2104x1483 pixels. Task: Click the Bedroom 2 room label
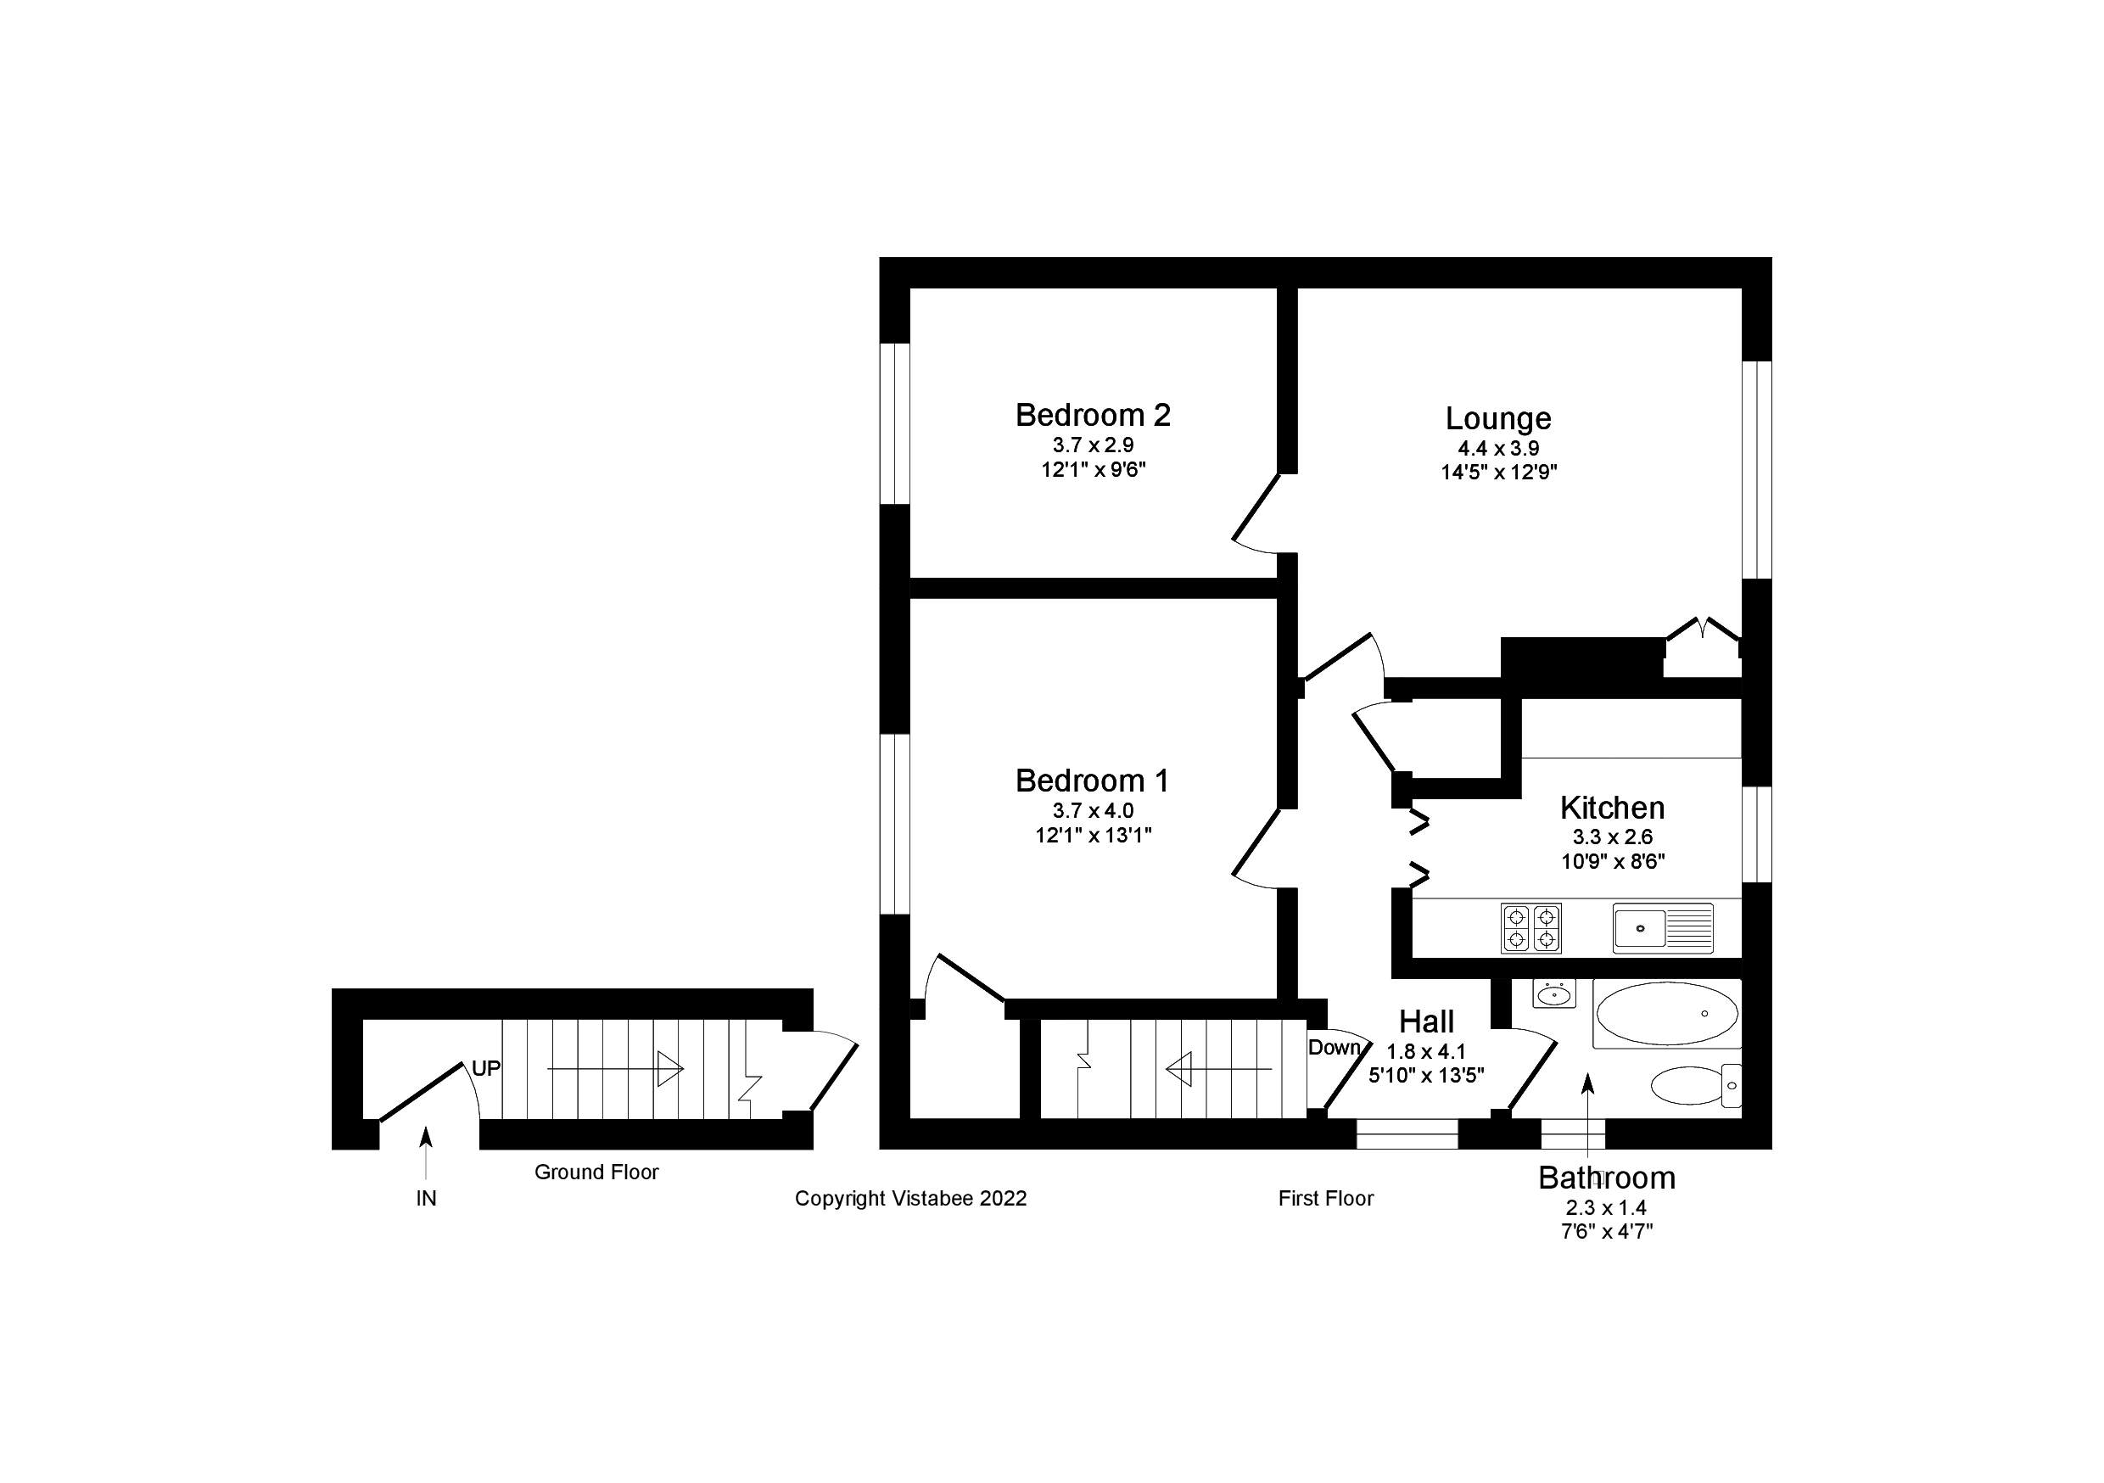[1093, 415]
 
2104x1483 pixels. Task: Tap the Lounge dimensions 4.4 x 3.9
[1498, 448]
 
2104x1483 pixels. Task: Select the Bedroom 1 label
[1093, 781]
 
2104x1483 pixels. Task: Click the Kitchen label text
[1612, 808]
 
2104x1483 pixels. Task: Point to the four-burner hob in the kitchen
[1530, 927]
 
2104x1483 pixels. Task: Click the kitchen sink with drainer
[1662, 927]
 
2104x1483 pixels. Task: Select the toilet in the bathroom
[1695, 1086]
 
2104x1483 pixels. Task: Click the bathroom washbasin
[1553, 994]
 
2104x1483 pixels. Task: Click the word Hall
[1426, 1021]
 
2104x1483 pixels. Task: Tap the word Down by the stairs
[1334, 1048]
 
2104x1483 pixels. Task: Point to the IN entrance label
[426, 1198]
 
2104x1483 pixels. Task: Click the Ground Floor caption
[596, 1172]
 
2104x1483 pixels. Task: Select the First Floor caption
[1325, 1198]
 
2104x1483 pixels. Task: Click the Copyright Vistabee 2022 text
[910, 1198]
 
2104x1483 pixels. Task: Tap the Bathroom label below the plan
[1606, 1178]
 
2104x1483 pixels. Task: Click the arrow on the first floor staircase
[1218, 1069]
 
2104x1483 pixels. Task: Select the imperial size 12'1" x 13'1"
[1093, 835]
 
